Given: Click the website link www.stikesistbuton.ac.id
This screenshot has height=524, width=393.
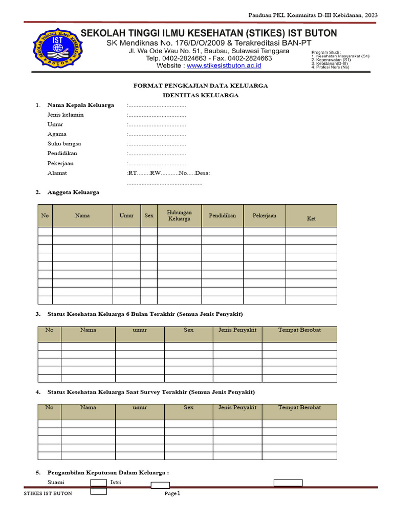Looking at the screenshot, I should pyautogui.click(x=224, y=65).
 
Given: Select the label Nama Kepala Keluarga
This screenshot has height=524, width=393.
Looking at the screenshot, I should pyautogui.click(x=80, y=105).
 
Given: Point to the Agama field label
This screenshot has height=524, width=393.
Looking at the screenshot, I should pyautogui.click(x=57, y=134).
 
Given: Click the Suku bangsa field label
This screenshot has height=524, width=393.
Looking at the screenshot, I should pyautogui.click(x=64, y=144).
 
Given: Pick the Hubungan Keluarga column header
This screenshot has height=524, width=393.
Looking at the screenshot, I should pyautogui.click(x=179, y=215).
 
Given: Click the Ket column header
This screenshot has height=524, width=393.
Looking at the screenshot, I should pyautogui.click(x=311, y=219).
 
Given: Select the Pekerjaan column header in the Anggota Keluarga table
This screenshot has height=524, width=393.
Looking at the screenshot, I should pyautogui.click(x=264, y=215).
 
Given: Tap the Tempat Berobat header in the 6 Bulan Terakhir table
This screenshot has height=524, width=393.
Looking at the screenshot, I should pyautogui.click(x=299, y=330).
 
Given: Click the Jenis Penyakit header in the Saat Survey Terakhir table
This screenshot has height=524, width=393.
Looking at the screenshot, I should pyautogui.click(x=237, y=408).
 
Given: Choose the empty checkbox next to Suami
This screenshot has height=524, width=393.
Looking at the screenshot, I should pyautogui.click(x=98, y=483).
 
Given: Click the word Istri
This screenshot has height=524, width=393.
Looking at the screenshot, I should pyautogui.click(x=116, y=483).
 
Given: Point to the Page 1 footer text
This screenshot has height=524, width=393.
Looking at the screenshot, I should pyautogui.click(x=172, y=493).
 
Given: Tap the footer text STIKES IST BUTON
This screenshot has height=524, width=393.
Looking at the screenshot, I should pyautogui.click(x=48, y=493).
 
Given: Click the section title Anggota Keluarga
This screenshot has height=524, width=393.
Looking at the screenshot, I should pyautogui.click(x=73, y=192).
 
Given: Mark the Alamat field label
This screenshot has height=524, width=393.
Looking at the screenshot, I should pyautogui.click(x=57, y=173).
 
